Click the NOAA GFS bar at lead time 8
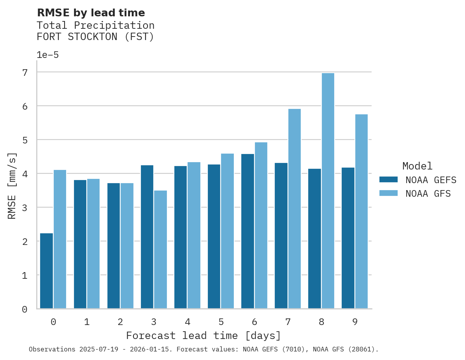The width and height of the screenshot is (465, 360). click(328, 191)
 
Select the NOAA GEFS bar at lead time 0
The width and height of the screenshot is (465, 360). click(46, 271)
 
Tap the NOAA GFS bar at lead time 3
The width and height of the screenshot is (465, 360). click(161, 250)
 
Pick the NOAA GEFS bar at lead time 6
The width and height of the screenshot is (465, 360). click(247, 231)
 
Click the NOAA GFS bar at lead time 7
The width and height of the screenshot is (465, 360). click(295, 209)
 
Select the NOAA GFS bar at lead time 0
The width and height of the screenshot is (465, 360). click(60, 239)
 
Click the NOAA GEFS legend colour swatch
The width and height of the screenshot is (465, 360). click(388, 180)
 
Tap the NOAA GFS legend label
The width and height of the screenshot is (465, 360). click(428, 194)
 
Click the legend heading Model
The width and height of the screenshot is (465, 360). click(417, 166)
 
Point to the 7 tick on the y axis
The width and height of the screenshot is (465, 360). click(25, 72)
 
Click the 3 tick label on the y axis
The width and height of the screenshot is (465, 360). click(25, 208)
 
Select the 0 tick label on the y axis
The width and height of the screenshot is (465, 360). click(25, 309)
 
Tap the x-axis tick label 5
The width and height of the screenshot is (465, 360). click(221, 322)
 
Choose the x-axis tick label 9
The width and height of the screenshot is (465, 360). click(355, 322)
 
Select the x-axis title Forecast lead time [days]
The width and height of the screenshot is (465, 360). click(203, 336)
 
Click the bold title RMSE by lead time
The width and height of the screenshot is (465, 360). click(91, 13)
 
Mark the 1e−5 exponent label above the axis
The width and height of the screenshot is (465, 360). click(47, 55)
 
